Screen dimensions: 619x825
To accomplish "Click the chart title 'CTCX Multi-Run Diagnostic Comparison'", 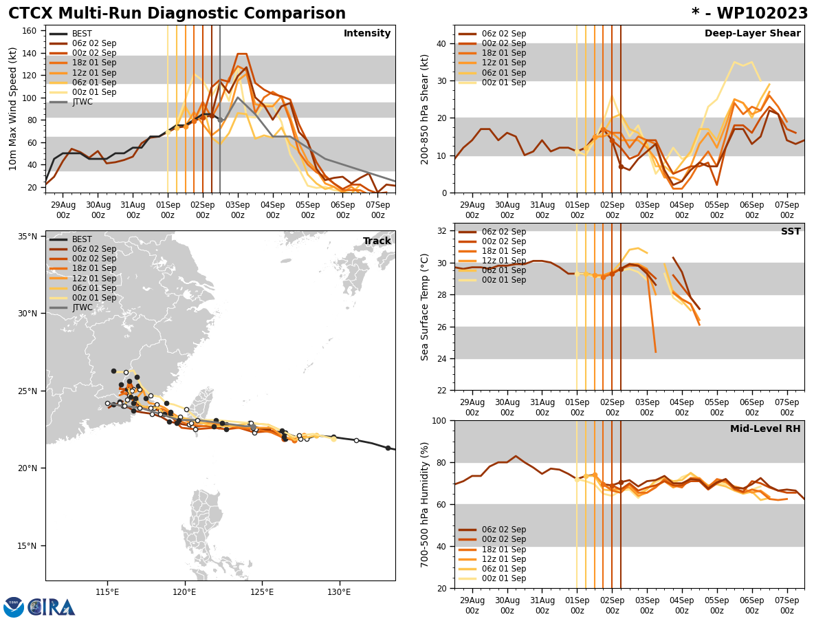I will tap(177, 14).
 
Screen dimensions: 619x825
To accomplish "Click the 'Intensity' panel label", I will tap(367, 34).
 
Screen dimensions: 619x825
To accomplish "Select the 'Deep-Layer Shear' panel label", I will tap(752, 34).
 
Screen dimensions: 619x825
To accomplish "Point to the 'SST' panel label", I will tap(790, 232).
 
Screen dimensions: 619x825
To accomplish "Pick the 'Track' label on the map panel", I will tap(377, 241).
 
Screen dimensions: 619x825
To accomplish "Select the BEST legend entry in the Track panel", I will tap(82, 239).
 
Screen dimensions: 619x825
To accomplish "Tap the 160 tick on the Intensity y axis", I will tap(30, 31).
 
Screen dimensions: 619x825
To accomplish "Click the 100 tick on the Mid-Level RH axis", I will tap(440, 420).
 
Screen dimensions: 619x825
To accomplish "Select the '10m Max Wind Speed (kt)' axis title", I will tap(12, 109).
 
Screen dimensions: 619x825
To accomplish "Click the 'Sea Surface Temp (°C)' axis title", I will tap(426, 307).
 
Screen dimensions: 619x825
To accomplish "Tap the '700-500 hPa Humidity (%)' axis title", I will tap(426, 504).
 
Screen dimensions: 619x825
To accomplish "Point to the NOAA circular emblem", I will tap(14, 607).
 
